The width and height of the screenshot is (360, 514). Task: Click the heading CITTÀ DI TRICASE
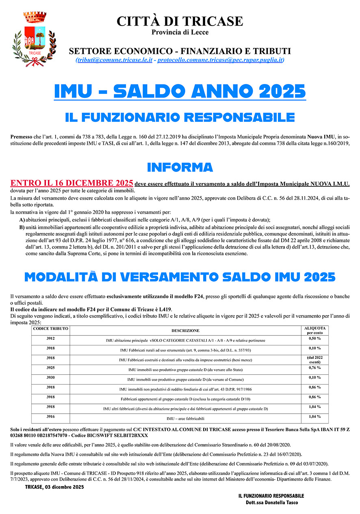click(180, 21)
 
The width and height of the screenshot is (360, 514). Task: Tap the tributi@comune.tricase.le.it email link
click(114, 60)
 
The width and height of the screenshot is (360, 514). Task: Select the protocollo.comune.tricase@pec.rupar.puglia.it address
click(221, 60)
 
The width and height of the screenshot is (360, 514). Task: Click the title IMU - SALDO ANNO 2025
click(180, 91)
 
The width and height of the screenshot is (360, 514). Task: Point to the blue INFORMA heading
click(180, 167)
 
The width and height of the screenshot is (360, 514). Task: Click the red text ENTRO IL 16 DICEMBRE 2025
click(72, 183)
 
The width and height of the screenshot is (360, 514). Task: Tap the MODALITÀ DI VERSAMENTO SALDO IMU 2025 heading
click(180, 277)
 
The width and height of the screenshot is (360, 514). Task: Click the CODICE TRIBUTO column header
click(51, 328)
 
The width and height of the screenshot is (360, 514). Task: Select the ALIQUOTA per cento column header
click(314, 330)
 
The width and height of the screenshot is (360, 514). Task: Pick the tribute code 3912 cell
click(51, 338)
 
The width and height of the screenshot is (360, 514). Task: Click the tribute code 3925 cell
click(51, 368)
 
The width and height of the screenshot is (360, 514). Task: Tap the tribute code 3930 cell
click(51, 378)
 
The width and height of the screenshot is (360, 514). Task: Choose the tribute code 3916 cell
click(51, 417)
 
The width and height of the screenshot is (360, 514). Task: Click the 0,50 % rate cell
click(314, 338)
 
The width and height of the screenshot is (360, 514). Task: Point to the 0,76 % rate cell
click(314, 368)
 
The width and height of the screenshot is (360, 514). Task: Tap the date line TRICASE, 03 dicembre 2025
click(54, 487)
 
